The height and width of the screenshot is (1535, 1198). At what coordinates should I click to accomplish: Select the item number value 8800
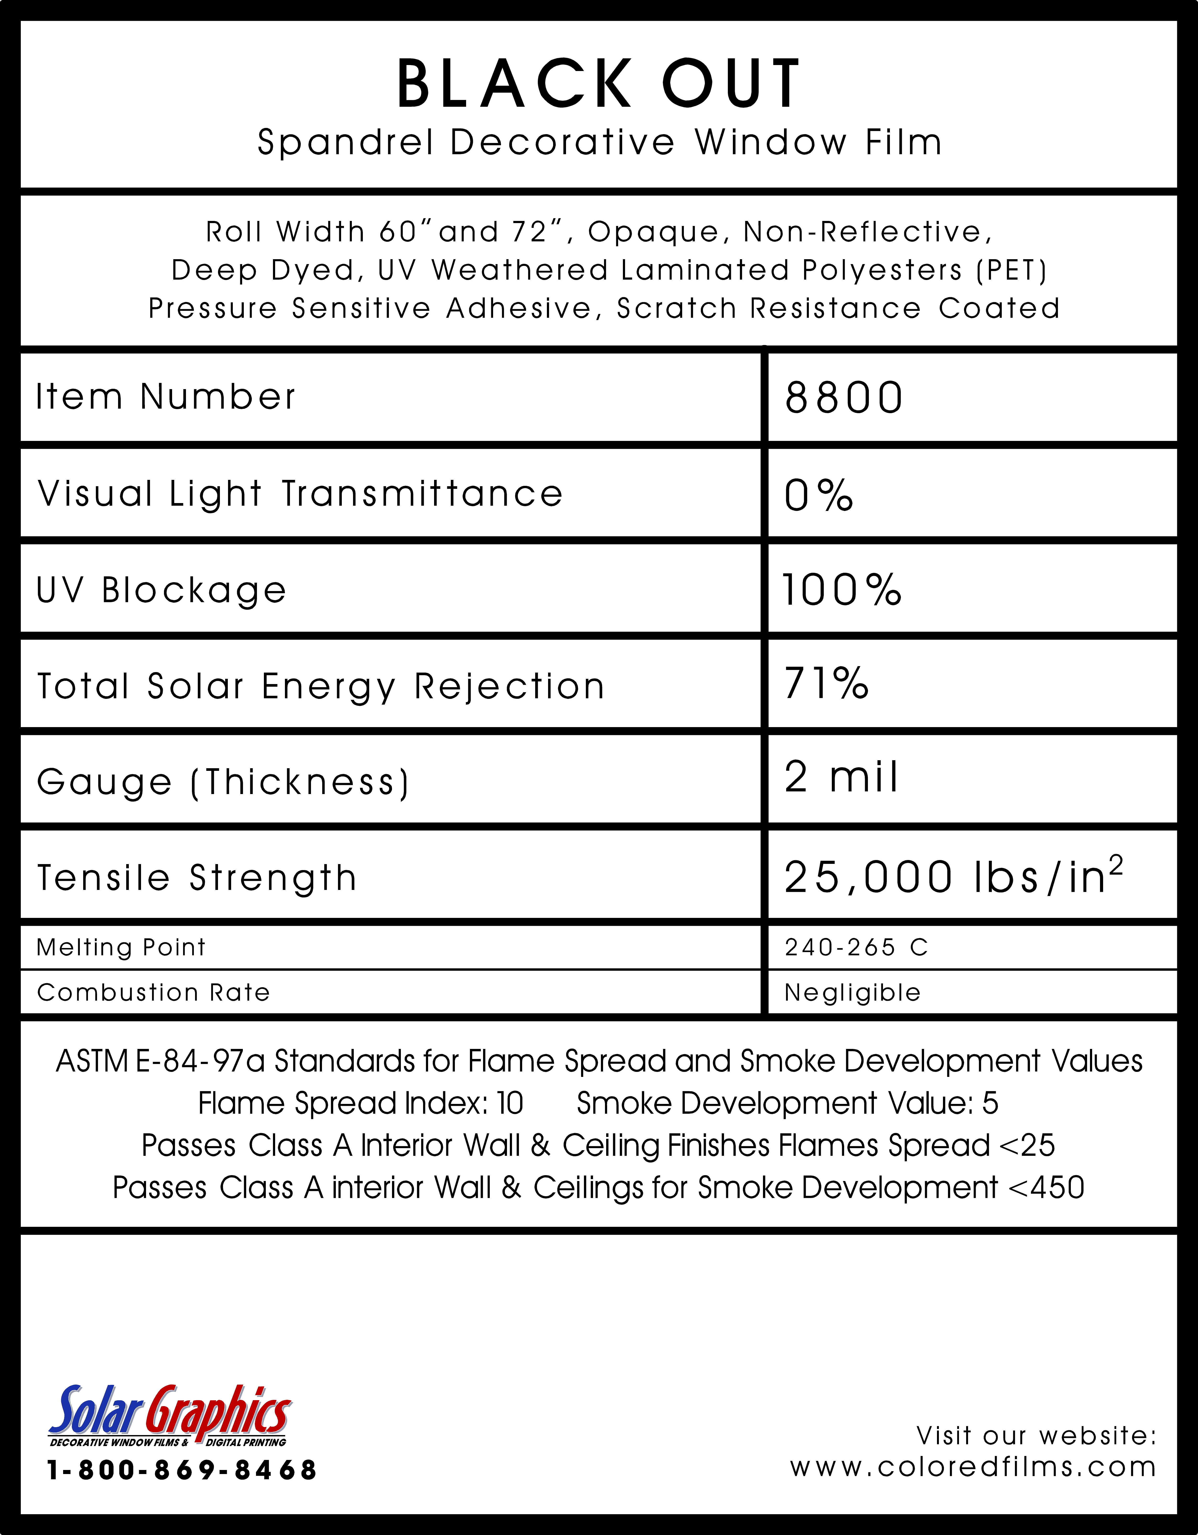point(844,398)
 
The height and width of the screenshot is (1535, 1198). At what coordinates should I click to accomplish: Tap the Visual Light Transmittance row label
point(300,493)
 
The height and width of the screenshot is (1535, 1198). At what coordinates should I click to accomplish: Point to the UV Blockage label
point(162,590)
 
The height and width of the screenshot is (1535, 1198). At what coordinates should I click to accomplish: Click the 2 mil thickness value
point(841,777)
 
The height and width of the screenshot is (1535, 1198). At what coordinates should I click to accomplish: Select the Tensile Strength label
point(197,878)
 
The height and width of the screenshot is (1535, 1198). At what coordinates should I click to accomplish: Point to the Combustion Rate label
point(153,992)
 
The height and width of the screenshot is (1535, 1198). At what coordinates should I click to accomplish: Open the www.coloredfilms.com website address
point(973,1467)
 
